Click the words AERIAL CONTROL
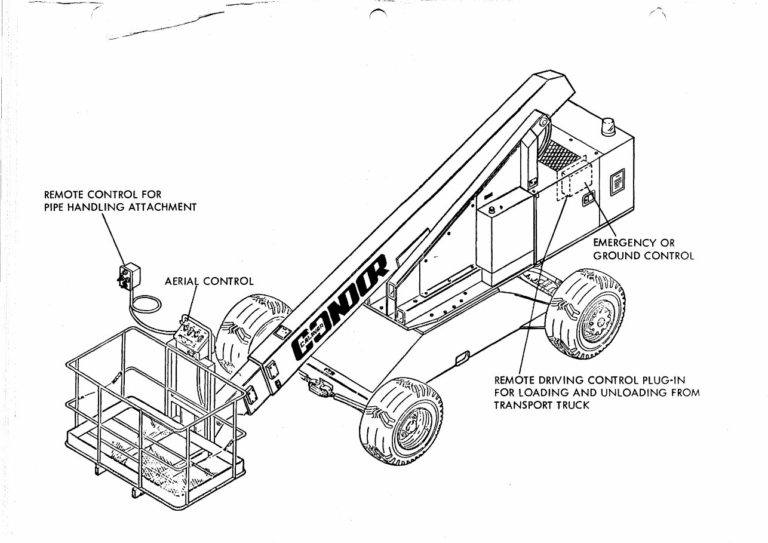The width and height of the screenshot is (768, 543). [x=209, y=281]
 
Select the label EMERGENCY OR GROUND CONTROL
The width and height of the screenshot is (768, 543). [x=643, y=249]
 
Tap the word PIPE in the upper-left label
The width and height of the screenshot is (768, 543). [x=56, y=207]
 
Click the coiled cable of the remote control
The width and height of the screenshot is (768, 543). [x=146, y=304]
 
